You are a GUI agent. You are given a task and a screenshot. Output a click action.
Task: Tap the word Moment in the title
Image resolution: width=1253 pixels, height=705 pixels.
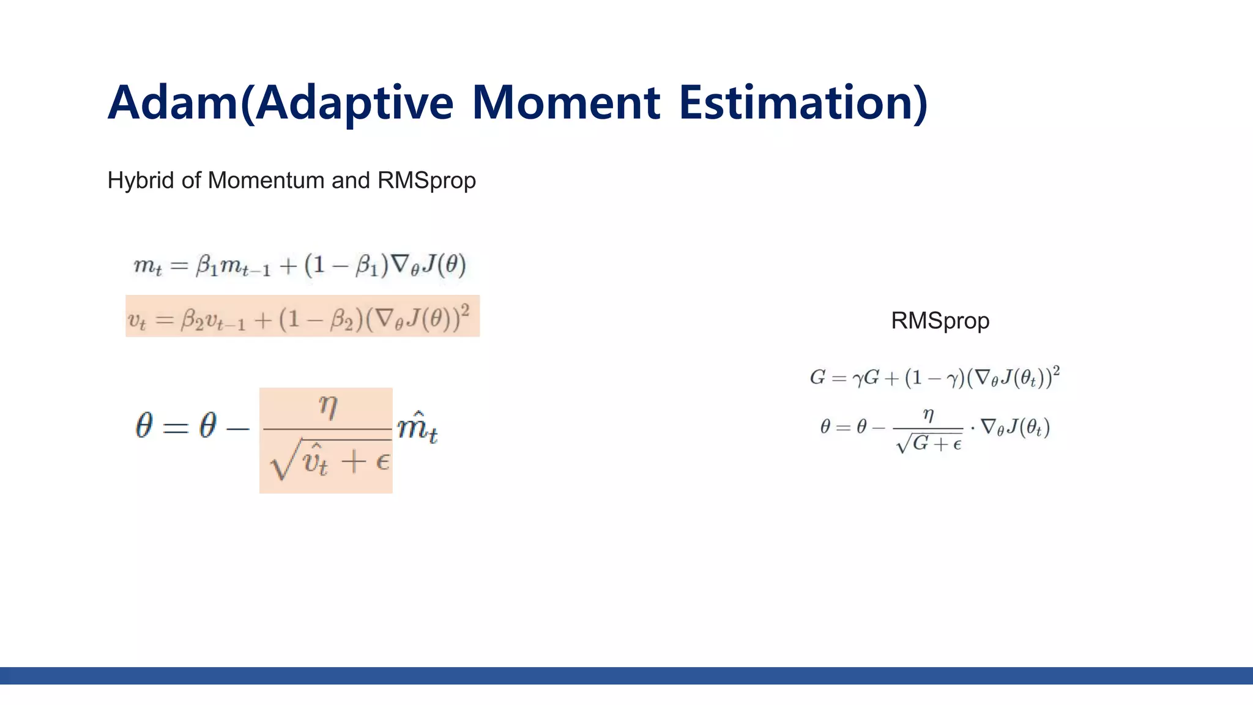pos(565,103)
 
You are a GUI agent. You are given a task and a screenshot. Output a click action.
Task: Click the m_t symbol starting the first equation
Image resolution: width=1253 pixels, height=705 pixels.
pos(147,266)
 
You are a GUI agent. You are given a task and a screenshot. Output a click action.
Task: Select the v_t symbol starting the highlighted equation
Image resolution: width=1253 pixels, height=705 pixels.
pos(136,320)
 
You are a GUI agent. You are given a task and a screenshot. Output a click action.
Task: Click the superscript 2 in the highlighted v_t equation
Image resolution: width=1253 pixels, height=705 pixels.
pos(465,311)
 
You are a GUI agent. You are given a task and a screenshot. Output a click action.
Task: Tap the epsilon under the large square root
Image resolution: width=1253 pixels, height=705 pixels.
pos(382,461)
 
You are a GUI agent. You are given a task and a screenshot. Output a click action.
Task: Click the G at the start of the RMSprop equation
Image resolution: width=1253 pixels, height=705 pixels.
pos(817,378)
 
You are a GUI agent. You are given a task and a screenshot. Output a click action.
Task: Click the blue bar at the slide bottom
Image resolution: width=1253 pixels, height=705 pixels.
pos(626,676)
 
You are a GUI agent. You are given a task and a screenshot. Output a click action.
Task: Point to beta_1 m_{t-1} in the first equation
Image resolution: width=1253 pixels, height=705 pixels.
pos(232,266)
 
